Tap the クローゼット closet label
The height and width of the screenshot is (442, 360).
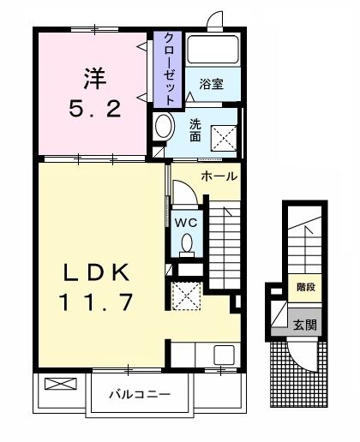click(169, 69)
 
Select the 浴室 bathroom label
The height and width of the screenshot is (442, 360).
click(210, 84)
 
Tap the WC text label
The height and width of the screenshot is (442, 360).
click(186, 221)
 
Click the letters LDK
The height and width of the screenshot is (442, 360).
click(97, 272)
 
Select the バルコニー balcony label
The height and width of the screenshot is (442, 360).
click(140, 395)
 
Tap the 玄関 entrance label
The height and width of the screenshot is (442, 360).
click(303, 325)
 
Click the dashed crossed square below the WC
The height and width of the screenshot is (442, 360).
click(186, 296)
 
